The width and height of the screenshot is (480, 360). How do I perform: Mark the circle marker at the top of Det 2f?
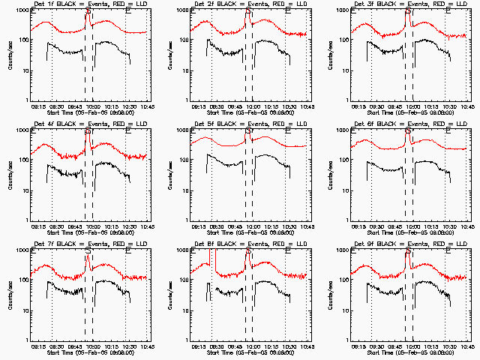tap(248, 11)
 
